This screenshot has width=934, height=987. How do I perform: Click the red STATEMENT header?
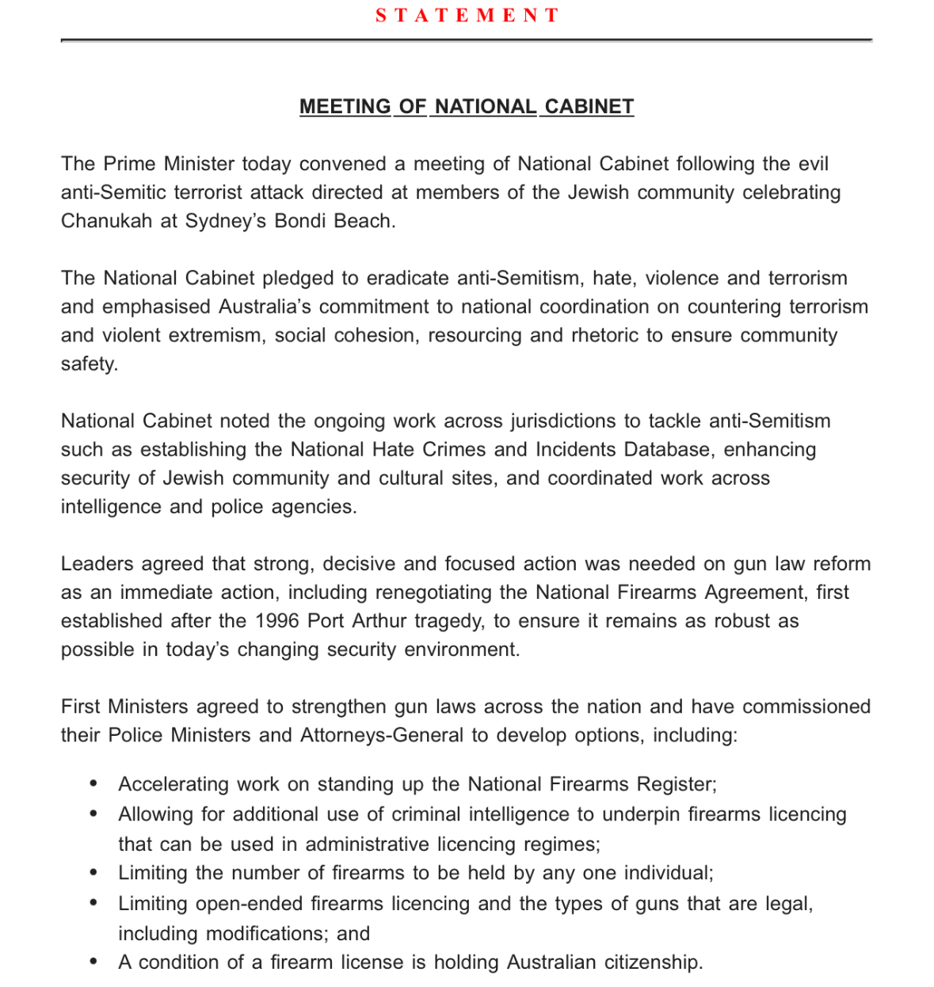tap(467, 16)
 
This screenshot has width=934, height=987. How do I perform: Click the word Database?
tap(669, 449)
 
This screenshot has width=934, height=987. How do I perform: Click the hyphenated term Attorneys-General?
tap(382, 735)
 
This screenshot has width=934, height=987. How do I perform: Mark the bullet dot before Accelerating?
tap(94, 784)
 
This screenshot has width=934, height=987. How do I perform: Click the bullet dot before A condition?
tap(94, 962)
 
